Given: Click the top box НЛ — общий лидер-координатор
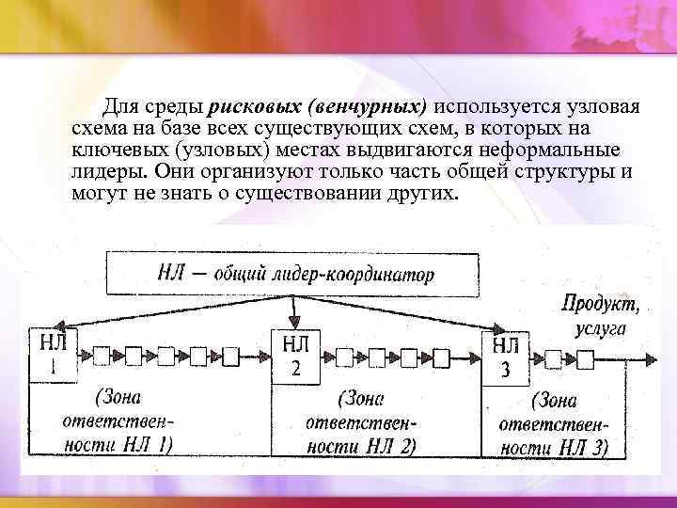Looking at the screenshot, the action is click(x=295, y=274).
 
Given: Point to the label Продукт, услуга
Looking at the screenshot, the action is click(x=600, y=316).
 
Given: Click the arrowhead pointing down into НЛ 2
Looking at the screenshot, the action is click(x=295, y=322).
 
